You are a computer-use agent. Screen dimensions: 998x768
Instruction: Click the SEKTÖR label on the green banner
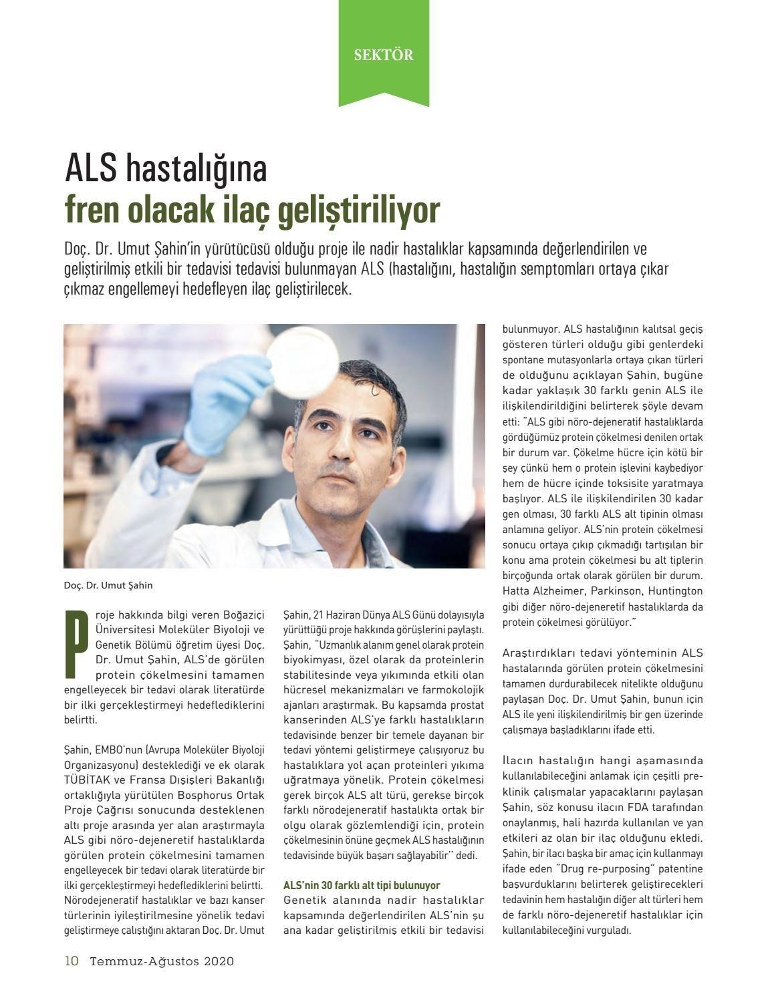[384, 55]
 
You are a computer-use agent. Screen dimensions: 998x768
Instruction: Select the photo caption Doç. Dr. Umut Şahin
[108, 585]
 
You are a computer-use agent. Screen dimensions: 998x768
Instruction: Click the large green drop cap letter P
[77, 642]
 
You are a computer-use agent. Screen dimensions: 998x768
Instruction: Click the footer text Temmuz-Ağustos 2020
[162, 961]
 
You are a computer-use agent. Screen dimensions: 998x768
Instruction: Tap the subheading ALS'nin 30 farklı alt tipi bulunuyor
[362, 885]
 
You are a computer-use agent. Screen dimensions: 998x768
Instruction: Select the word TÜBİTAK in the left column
[86, 780]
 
